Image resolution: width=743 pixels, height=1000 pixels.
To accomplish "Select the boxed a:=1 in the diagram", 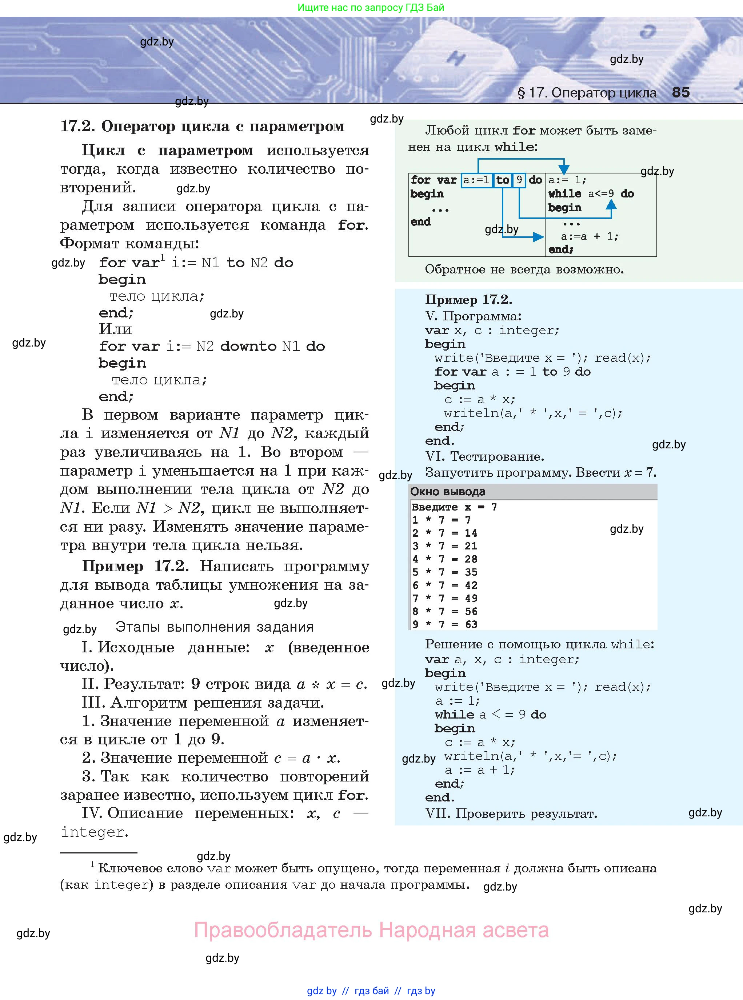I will pos(476,180).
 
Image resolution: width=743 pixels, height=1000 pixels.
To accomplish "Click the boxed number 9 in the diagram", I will pos(519,180).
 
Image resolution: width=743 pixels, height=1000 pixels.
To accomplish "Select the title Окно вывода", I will pos(447,492).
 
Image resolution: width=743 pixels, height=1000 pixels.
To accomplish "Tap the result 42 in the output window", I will pos(471,585).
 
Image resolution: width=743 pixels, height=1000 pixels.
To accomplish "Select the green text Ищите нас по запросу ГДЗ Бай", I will pos(371,8).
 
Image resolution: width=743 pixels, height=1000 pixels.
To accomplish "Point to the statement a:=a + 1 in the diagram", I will pos(589,236).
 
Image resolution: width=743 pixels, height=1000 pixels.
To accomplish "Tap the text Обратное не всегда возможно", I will pos(524,269).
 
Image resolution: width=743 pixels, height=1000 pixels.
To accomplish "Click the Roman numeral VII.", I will pos(437,813).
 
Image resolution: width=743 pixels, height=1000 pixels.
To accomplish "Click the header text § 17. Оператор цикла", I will pos(587,93).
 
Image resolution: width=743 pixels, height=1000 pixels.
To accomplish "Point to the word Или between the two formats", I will pos(115,329).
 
